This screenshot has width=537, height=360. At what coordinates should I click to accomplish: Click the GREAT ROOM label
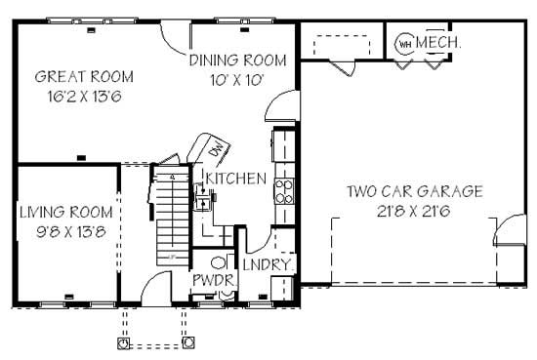[84, 76]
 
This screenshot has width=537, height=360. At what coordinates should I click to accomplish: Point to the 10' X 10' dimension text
[238, 80]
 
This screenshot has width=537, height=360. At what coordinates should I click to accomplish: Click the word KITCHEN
[234, 179]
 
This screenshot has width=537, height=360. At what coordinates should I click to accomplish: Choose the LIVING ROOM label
[66, 212]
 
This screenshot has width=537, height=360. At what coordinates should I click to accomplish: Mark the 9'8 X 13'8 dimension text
[66, 231]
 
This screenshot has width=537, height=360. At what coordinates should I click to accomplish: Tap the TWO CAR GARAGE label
[414, 191]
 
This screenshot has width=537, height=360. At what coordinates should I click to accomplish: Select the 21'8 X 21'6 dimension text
[414, 211]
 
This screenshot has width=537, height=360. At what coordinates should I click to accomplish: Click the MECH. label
[438, 43]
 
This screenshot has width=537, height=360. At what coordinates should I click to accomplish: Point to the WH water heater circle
[404, 44]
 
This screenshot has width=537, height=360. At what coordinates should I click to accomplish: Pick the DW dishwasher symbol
[214, 148]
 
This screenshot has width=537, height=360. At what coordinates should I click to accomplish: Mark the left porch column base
[123, 343]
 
